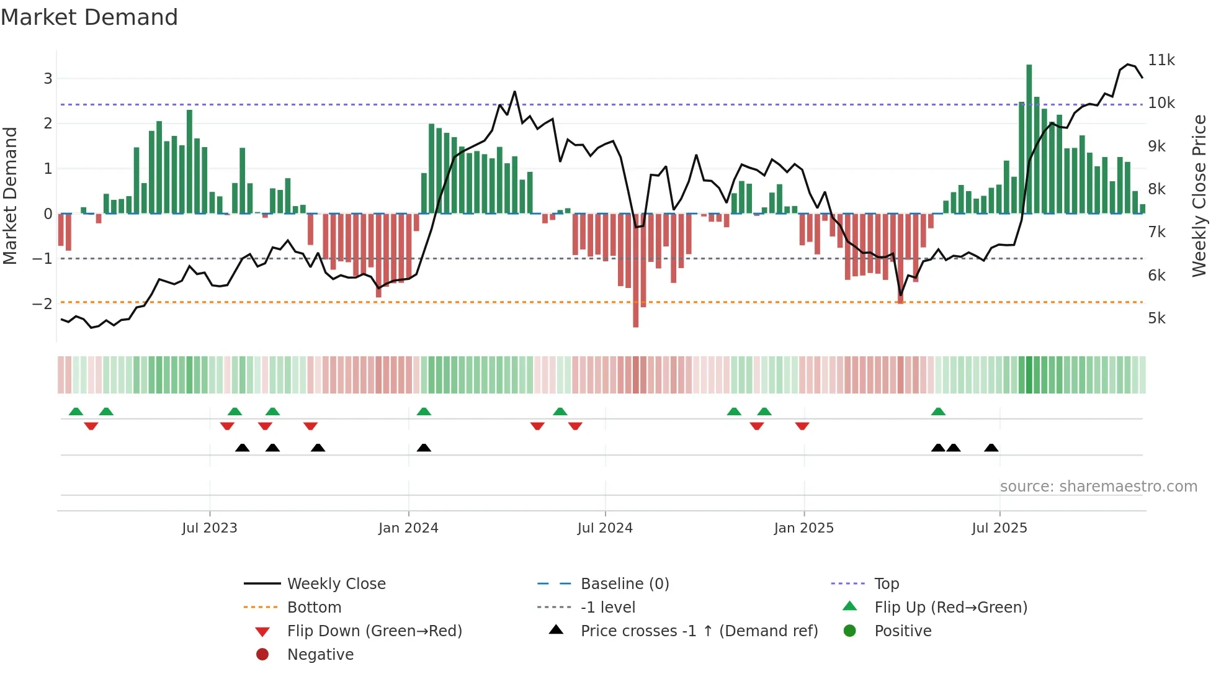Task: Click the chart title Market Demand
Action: (x=89, y=17)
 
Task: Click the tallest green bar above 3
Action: (x=1029, y=137)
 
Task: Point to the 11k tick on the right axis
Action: (x=1161, y=60)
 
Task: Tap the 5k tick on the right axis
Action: (x=1156, y=318)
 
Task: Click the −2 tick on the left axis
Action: (x=42, y=304)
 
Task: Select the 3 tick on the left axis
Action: (x=48, y=78)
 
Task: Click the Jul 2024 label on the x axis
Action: (x=605, y=528)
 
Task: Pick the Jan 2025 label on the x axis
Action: (x=804, y=528)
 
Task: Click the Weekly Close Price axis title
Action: (x=1199, y=196)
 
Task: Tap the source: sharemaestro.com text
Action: (x=1099, y=487)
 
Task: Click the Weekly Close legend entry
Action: (x=336, y=584)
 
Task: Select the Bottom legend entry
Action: (x=314, y=608)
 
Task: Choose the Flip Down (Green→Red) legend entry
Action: (x=374, y=631)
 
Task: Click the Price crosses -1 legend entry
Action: (x=699, y=631)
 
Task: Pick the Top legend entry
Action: (x=887, y=584)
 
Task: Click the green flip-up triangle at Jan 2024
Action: (x=424, y=412)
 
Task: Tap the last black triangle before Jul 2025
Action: (x=991, y=448)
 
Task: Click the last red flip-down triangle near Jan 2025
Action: (x=802, y=426)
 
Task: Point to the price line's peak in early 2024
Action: (x=515, y=92)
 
